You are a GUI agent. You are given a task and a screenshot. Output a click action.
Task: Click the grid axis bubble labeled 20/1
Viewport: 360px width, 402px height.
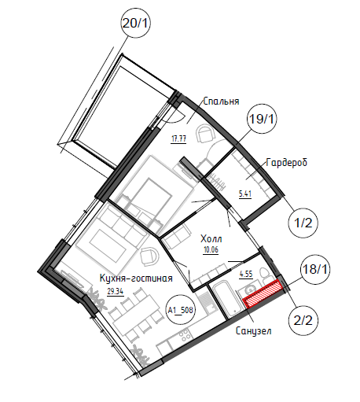135,23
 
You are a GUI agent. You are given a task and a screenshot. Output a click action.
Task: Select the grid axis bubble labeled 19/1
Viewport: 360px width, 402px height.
262,119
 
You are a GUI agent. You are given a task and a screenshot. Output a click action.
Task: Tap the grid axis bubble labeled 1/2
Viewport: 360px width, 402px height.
303,223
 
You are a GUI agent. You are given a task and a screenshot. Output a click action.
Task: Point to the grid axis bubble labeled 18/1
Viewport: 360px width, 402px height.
314,269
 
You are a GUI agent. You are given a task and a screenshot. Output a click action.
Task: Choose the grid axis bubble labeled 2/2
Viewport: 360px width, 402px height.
303,320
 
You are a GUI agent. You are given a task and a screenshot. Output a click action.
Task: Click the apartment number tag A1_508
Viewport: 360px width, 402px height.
181,311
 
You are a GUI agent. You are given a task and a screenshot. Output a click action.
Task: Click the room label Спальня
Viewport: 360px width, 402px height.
221,101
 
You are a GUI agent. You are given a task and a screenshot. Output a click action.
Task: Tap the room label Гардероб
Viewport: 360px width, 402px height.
286,163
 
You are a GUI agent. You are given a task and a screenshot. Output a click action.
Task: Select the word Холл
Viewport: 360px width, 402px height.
211,239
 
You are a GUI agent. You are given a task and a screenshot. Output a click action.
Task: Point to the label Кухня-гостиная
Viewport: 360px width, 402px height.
136,278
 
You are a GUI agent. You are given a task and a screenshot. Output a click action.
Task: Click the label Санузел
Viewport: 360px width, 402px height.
254,331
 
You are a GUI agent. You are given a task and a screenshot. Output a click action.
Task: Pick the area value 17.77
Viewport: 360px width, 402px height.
178,138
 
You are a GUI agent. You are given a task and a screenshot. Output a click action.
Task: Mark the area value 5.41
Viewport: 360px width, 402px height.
245,194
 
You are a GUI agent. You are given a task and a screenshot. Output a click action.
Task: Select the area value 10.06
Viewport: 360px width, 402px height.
211,250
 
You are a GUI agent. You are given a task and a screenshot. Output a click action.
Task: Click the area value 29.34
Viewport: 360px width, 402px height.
116,291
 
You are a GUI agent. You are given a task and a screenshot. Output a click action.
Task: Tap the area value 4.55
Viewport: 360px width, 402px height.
246,274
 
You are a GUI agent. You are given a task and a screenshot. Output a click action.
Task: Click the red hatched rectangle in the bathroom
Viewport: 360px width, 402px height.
263,293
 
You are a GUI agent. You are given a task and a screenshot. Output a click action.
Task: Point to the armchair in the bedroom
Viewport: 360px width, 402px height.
206,134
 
